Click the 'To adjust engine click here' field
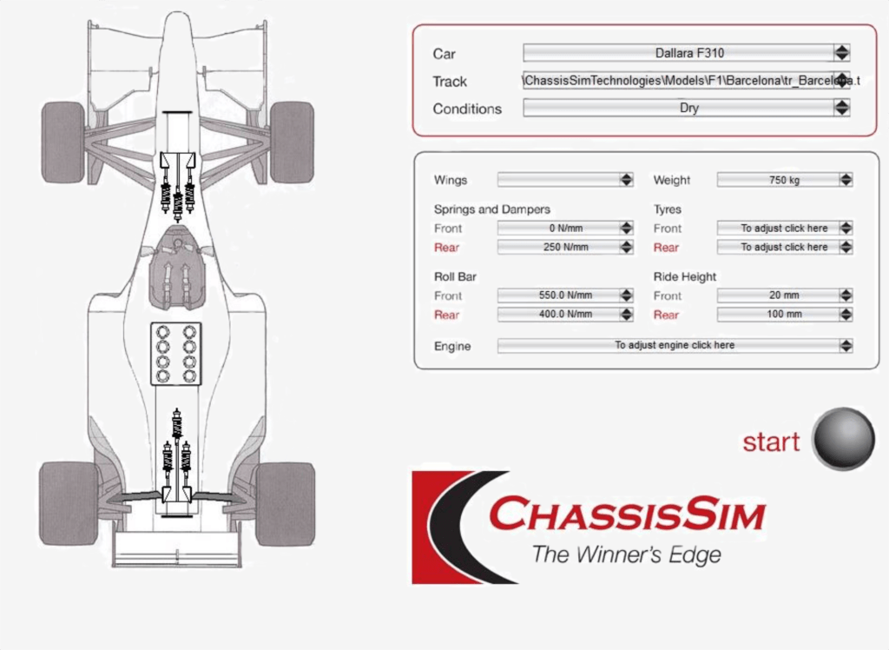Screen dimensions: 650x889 point(675,346)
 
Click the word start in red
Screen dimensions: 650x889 point(770,442)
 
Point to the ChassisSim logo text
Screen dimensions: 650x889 point(627,514)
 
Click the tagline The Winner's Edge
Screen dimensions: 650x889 point(626,554)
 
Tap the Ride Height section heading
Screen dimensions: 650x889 point(685,277)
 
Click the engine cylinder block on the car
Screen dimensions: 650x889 point(176,353)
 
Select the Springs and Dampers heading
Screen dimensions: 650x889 point(491,209)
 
